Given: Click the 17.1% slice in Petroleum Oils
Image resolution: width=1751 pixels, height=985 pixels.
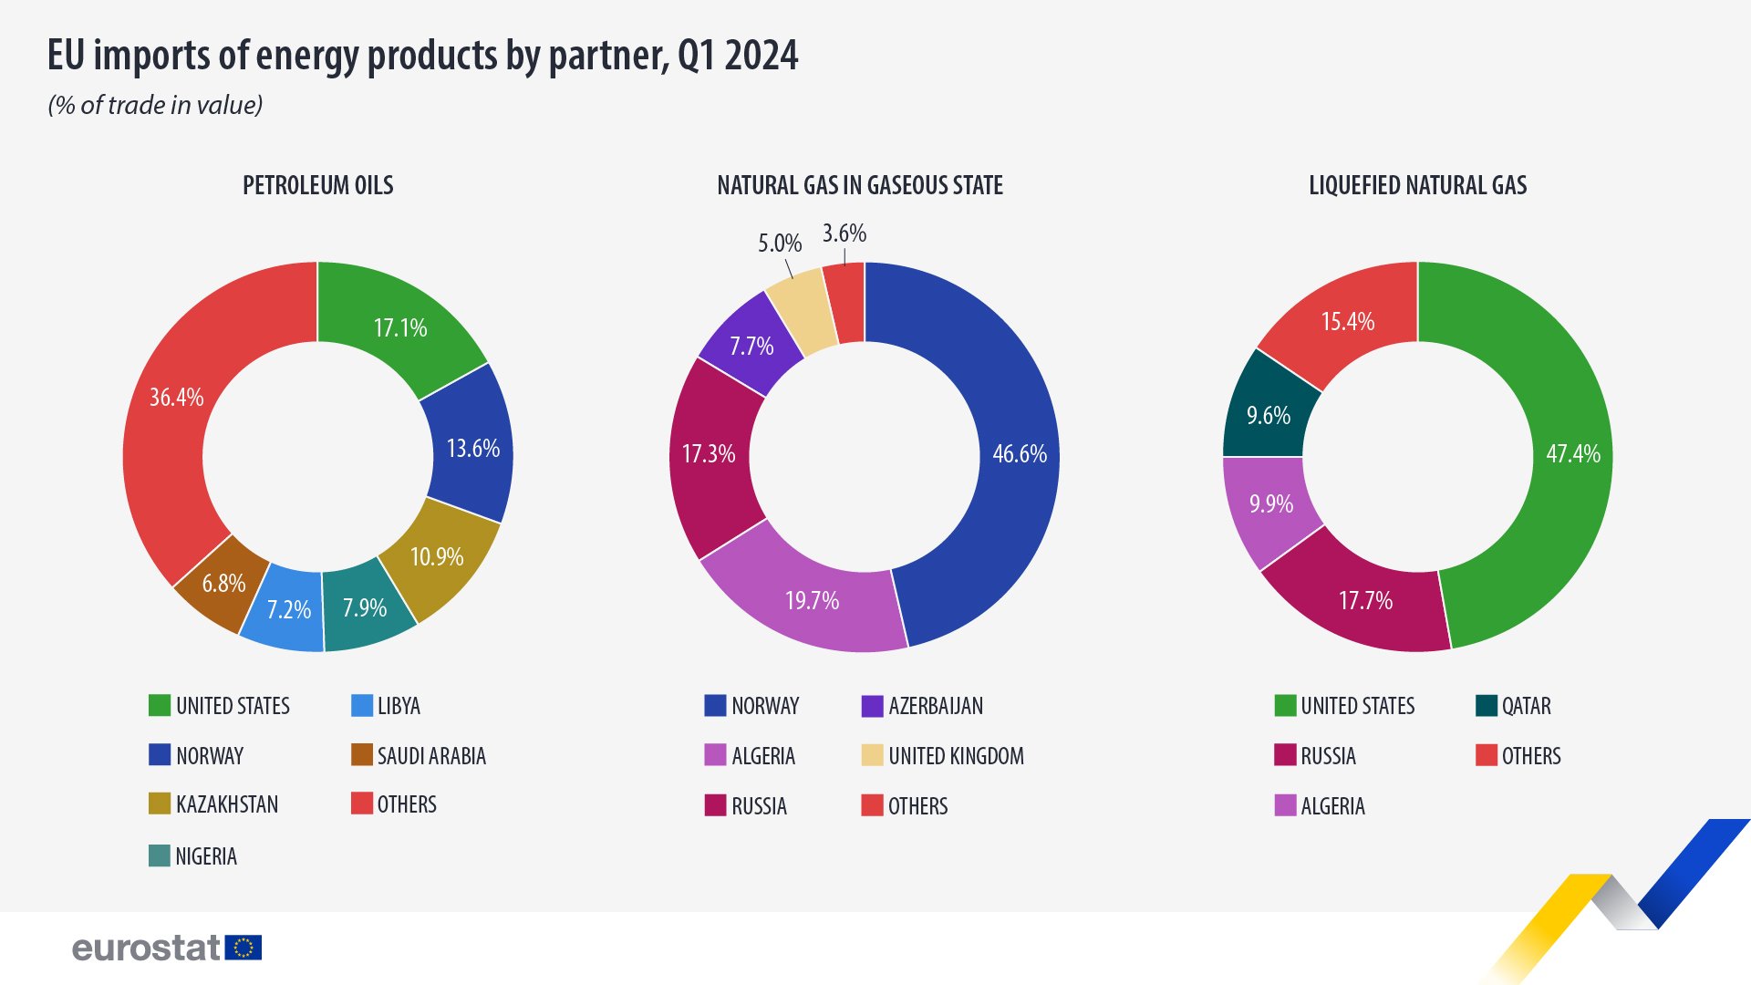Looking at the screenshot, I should [x=401, y=327].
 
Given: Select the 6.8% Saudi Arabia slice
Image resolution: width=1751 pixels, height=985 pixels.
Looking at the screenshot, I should [x=223, y=584].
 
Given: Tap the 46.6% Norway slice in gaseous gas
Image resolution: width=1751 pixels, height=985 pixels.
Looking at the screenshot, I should [x=1019, y=454].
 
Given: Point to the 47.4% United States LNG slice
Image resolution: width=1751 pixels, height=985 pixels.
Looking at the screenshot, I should [x=1572, y=454].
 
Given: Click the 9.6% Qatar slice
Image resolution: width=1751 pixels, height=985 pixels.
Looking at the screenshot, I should [x=1269, y=416].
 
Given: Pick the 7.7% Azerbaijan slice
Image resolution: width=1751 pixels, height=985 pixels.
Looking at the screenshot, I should [x=751, y=347].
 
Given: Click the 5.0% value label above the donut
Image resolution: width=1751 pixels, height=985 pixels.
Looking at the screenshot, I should [x=780, y=244].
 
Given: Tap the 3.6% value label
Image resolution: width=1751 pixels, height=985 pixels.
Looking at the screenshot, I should [x=844, y=233].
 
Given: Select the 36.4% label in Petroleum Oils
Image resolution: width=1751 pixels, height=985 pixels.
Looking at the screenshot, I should [x=177, y=398].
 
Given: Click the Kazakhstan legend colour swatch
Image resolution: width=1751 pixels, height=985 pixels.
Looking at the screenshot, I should [x=160, y=804].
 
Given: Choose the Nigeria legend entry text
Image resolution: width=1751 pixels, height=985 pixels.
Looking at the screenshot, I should [x=206, y=856].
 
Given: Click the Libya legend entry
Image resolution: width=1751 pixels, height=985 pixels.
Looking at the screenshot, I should [x=399, y=706].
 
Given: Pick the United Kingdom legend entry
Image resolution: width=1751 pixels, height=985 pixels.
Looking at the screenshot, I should [x=956, y=756].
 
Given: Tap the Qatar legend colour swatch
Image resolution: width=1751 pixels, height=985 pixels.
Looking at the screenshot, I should [x=1487, y=706].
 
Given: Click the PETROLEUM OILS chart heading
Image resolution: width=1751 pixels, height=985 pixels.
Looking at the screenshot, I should [x=318, y=186].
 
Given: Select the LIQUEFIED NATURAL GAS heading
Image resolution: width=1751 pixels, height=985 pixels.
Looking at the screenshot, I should [x=1417, y=186].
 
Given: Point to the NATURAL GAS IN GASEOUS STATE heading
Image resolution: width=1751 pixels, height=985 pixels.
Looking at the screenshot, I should [x=860, y=186].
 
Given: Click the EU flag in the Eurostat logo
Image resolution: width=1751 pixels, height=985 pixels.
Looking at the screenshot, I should [x=243, y=948].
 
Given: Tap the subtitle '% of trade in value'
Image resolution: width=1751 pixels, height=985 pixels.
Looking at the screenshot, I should [x=155, y=106].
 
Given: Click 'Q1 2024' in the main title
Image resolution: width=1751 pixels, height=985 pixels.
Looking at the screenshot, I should [x=738, y=57].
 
